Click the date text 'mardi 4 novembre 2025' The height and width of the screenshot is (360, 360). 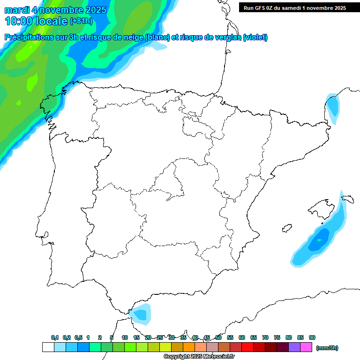(55, 9)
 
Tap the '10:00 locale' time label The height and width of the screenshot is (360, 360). (36, 21)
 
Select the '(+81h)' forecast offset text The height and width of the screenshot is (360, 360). (82, 21)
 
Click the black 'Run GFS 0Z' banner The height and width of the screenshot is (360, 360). (292, 7)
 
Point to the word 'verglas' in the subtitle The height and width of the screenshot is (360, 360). (224, 37)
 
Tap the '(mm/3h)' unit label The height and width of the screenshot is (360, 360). (327, 348)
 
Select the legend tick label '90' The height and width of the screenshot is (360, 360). (312, 338)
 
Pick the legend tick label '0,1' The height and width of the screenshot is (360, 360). (55, 338)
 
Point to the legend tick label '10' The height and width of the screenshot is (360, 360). (125, 338)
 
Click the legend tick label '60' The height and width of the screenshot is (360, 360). (242, 338)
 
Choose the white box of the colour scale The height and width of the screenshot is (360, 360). (48, 347)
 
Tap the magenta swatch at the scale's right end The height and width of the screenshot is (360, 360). (306, 347)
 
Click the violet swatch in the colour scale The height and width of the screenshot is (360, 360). (294, 347)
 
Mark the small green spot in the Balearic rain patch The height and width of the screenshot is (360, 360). (320, 240)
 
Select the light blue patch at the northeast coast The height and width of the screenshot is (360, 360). (333, 107)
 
